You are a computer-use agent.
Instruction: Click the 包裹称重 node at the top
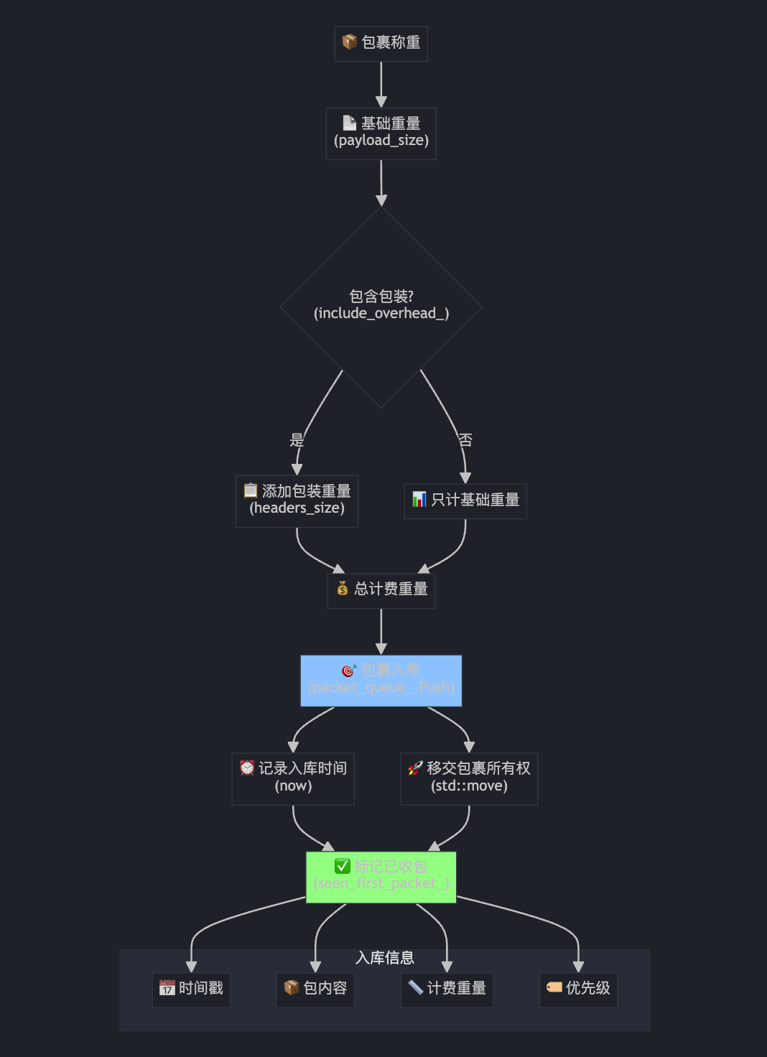pyautogui.click(x=381, y=43)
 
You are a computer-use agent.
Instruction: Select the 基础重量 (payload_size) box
pyautogui.click(x=381, y=133)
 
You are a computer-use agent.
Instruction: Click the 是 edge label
pyautogui.click(x=297, y=440)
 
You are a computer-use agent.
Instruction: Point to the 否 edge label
pyautogui.click(x=465, y=440)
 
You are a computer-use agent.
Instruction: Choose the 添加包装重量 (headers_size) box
pyautogui.click(x=297, y=500)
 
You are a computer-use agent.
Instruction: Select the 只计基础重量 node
pyautogui.click(x=465, y=500)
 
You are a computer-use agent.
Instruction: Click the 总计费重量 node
pyautogui.click(x=381, y=590)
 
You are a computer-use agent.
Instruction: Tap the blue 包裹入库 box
pyautogui.click(x=381, y=680)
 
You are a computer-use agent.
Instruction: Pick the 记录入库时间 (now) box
pyautogui.click(x=293, y=778)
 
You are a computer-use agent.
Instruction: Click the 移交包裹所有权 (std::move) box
pyautogui.click(x=469, y=778)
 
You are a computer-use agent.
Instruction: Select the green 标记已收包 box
pyautogui.click(x=381, y=876)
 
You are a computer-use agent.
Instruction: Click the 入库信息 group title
pyautogui.click(x=385, y=958)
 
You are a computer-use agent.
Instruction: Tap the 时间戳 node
pyautogui.click(x=191, y=989)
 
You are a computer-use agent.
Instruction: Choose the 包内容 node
pyautogui.click(x=315, y=989)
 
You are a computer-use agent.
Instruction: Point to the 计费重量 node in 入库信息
pyautogui.click(x=447, y=989)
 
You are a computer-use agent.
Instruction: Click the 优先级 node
pyautogui.click(x=578, y=989)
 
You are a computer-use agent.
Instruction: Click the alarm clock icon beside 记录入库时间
pyautogui.click(x=247, y=768)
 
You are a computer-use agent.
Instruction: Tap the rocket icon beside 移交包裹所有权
pyautogui.click(x=415, y=768)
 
